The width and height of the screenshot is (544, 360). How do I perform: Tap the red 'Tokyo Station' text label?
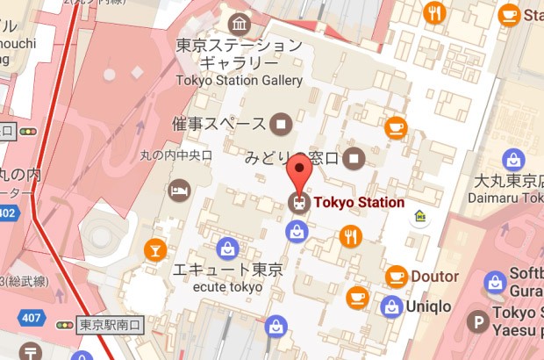coord(359,203)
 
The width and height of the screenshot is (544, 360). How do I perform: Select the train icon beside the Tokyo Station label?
coord(298,203)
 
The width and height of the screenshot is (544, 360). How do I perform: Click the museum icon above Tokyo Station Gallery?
coord(239,23)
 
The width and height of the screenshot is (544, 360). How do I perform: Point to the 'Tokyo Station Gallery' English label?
coord(239,80)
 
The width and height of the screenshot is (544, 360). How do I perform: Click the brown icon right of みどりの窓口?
coord(354,159)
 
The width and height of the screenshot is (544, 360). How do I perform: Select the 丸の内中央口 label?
coord(176,155)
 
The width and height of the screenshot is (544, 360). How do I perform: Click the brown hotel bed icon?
coord(179,191)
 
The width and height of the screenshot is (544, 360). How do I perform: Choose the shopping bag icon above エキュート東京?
coord(227,248)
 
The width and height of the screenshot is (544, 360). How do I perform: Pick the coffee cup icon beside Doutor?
coord(397,276)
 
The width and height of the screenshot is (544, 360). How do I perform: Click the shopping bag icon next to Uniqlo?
coord(391,306)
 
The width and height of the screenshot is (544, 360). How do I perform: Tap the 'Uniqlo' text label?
coord(428,306)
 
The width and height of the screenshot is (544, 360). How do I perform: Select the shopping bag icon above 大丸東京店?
coord(513,160)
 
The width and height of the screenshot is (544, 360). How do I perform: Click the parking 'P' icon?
coord(478,322)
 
